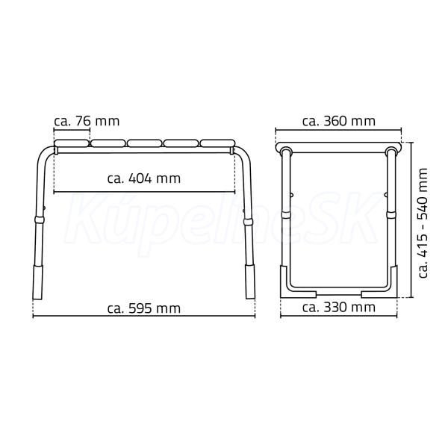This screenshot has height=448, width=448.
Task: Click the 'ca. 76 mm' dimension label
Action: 87,121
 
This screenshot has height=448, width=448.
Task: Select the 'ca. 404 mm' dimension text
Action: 144,178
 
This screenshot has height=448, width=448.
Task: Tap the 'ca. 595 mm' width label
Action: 144,308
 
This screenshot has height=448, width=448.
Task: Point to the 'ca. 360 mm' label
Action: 339,121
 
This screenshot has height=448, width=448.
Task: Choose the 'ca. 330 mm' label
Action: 339,308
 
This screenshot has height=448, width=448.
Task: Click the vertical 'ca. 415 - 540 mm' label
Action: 423,223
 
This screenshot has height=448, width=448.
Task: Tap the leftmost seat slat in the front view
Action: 72,143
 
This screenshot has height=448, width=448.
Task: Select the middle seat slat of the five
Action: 144,143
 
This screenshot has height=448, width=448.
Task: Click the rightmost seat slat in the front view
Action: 217,143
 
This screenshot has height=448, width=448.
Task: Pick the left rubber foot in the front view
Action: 38,281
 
